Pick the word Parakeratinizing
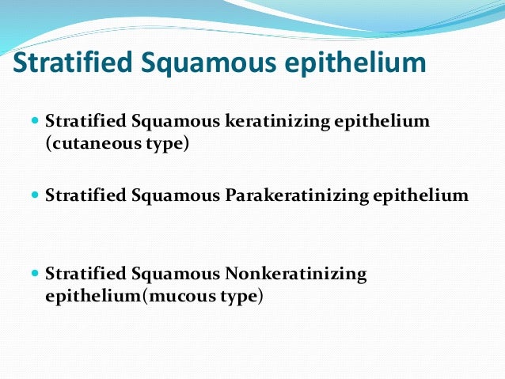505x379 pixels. pos(293,195)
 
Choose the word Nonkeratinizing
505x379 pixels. pos(298,275)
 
